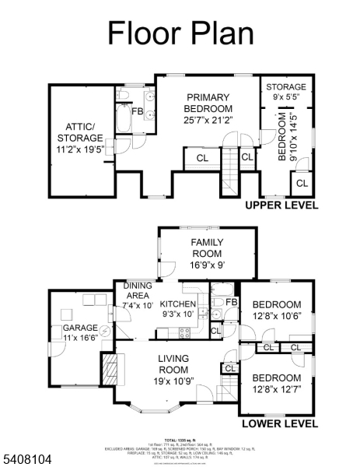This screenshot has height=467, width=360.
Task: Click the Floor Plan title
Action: coord(180,33)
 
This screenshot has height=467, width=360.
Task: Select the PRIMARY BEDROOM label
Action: coord(208,103)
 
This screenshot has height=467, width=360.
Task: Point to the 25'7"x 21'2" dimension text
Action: coord(208,120)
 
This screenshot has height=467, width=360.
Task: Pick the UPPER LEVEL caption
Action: coord(281,205)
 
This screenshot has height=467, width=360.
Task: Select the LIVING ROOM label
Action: coord(173,364)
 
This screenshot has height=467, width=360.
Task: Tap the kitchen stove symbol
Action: coord(185,332)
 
